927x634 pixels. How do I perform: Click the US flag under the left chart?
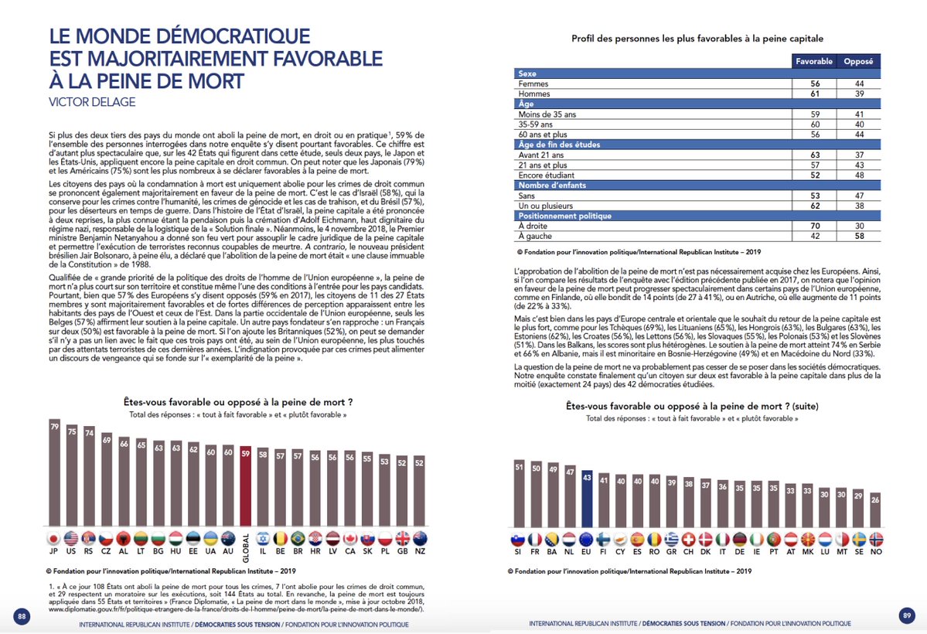click(x=72, y=538)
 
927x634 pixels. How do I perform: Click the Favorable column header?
click(x=813, y=61)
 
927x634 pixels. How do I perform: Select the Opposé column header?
click(x=858, y=61)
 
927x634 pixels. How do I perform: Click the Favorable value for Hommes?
click(x=813, y=94)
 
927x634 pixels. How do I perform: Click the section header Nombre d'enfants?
click(x=553, y=186)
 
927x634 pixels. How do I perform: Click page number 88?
click(x=22, y=615)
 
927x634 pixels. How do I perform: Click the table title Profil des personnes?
click(x=697, y=38)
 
